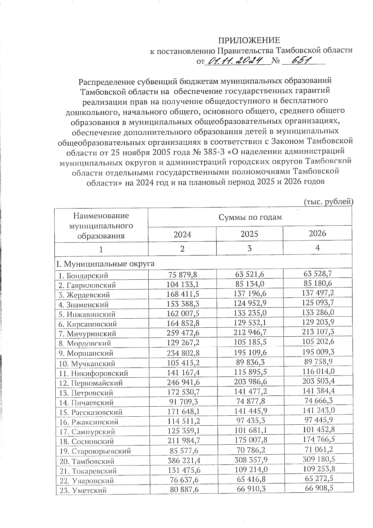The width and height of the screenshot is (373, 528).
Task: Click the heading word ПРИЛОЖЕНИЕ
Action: (x=249, y=40)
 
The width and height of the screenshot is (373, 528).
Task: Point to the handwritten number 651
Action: (x=298, y=61)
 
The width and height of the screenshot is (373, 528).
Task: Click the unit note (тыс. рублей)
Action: (x=328, y=202)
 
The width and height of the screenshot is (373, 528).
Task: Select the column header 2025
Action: (x=249, y=234)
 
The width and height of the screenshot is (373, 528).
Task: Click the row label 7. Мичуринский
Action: (x=87, y=334)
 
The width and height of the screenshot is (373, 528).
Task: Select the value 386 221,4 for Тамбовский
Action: (x=182, y=461)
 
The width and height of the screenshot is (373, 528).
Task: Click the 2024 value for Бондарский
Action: (x=182, y=275)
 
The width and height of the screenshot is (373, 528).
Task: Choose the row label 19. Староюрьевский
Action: (x=95, y=451)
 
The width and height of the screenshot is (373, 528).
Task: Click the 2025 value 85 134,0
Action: (x=249, y=284)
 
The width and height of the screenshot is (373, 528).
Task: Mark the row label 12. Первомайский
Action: (x=91, y=383)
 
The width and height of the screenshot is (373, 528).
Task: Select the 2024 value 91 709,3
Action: (x=182, y=402)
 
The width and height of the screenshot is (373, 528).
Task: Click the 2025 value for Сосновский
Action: (x=249, y=441)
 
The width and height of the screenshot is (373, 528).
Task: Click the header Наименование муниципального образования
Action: (x=101, y=226)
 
